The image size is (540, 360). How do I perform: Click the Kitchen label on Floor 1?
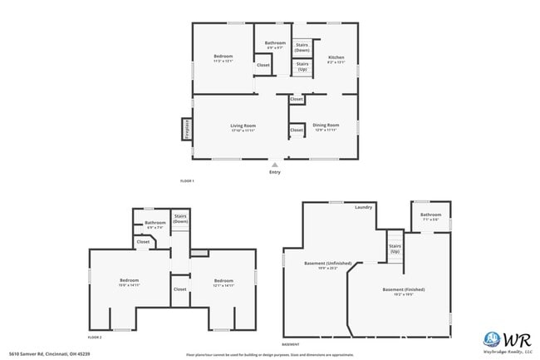click(x=336, y=57)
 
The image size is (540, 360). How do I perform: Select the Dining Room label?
click(x=325, y=126)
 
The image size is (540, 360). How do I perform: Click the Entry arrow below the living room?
click(x=274, y=165)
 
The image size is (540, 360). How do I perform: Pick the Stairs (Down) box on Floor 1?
click(x=302, y=47)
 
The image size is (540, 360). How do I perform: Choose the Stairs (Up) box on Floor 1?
click(x=302, y=66)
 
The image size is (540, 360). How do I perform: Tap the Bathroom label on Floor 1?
click(x=275, y=43)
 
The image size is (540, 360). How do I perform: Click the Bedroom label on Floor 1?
click(x=223, y=57)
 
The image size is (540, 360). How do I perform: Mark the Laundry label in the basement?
click(x=363, y=207)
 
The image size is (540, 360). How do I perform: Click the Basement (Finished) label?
click(x=404, y=289)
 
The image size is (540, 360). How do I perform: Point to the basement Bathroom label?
click(x=430, y=215)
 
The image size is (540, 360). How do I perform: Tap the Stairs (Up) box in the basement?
click(x=395, y=248)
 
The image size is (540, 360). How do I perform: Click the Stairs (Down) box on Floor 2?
click(x=180, y=219)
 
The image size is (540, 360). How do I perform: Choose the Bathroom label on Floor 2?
click(x=155, y=223)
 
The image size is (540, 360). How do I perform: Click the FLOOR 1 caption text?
click(x=187, y=180)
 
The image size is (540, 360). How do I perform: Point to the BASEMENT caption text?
click(x=291, y=343)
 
